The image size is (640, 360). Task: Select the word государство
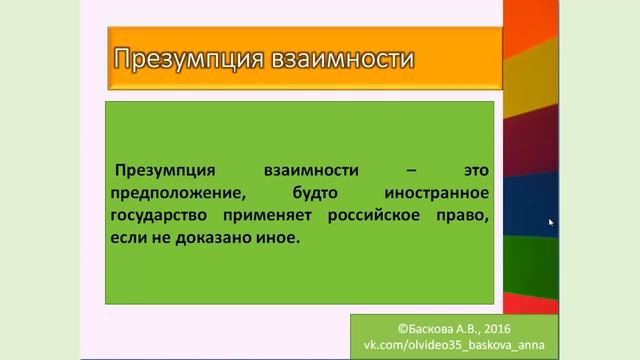[165, 215]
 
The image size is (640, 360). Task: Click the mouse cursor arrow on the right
[551, 223]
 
